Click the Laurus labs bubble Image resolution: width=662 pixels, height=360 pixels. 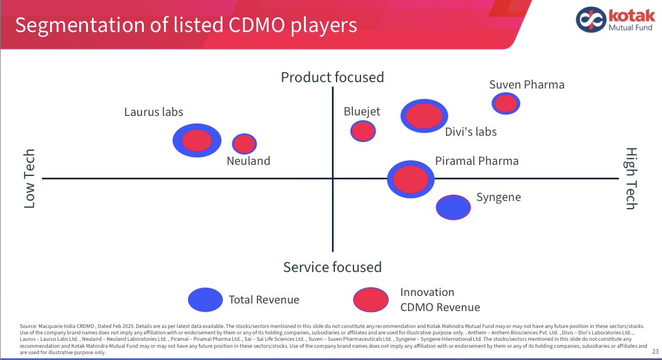pos(197,140)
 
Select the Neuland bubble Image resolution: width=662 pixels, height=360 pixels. pos(245,144)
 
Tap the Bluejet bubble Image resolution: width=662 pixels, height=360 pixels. pos(363,131)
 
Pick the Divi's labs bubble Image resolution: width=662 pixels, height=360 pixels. pos(424,115)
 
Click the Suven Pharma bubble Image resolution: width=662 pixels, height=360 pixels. pos(505,104)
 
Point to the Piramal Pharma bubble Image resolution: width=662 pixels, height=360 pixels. pos(411,179)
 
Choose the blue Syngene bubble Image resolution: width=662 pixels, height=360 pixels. pos(454,207)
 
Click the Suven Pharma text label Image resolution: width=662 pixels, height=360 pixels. pos(526,84)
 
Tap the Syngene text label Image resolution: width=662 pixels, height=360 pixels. pos(498,197)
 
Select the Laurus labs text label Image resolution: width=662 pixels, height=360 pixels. pos(154,112)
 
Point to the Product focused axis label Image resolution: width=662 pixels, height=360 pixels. pos(332,77)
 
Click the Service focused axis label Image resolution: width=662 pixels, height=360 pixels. pos(332,267)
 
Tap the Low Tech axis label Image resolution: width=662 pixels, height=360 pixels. pos(29,179)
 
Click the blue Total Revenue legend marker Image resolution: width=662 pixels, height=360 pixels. pos(206,299)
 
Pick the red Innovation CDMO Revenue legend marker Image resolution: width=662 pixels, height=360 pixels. pos(371,299)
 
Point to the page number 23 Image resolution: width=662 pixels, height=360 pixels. pos(655,351)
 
